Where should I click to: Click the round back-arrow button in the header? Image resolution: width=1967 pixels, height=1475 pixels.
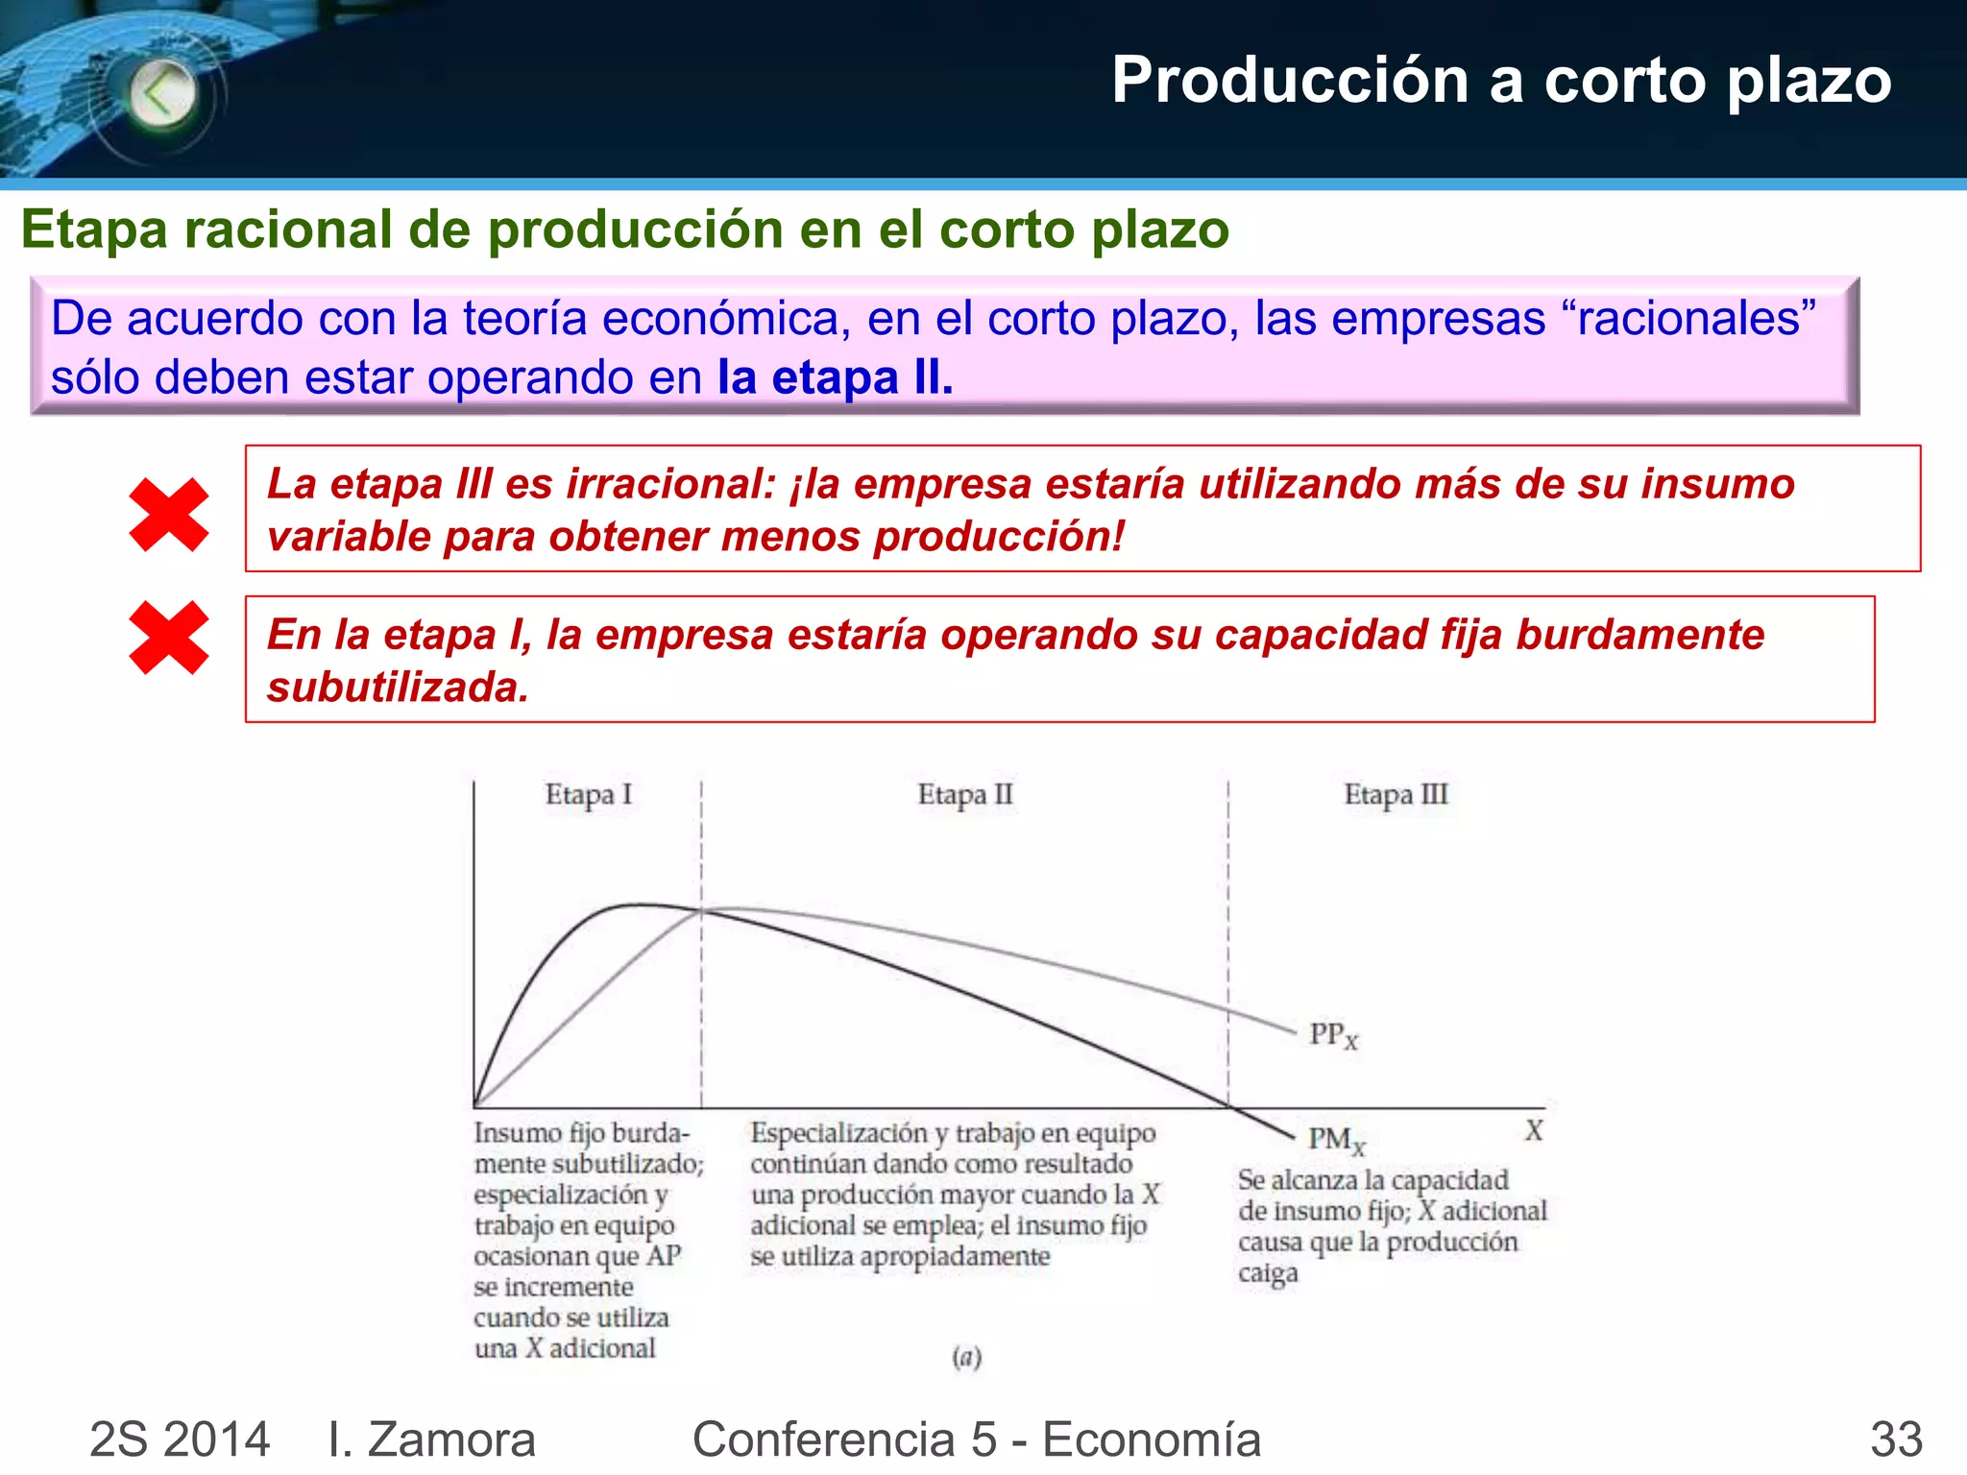[162, 94]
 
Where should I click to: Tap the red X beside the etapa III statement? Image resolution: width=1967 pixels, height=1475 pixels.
[169, 515]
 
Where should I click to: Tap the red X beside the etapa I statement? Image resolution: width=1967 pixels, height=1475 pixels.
[169, 638]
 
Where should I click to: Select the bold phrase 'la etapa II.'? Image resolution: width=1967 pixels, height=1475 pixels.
[835, 377]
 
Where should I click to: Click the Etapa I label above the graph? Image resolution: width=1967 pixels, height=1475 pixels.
[588, 795]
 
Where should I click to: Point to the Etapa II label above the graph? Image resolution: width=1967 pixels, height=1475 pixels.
[964, 795]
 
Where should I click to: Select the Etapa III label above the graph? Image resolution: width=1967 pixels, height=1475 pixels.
[1395, 795]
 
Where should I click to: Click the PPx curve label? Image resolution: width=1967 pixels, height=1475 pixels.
[1333, 1035]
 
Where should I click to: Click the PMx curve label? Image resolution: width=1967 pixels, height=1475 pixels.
[1335, 1140]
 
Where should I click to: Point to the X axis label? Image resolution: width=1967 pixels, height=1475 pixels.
[1534, 1130]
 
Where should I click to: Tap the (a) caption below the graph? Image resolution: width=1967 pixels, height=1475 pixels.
[966, 1356]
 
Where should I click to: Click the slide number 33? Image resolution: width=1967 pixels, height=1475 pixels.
[1895, 1439]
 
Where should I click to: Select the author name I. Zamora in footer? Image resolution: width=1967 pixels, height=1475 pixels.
[431, 1439]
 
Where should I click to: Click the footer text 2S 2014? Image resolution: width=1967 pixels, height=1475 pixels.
[180, 1439]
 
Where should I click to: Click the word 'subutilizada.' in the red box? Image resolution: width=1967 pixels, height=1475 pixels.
[398, 688]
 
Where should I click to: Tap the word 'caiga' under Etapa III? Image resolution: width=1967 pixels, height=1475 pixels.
[1268, 1273]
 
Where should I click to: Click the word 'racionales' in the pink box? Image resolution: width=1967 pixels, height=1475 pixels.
[1689, 318]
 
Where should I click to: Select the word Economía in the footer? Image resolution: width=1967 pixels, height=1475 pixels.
[1152, 1439]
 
